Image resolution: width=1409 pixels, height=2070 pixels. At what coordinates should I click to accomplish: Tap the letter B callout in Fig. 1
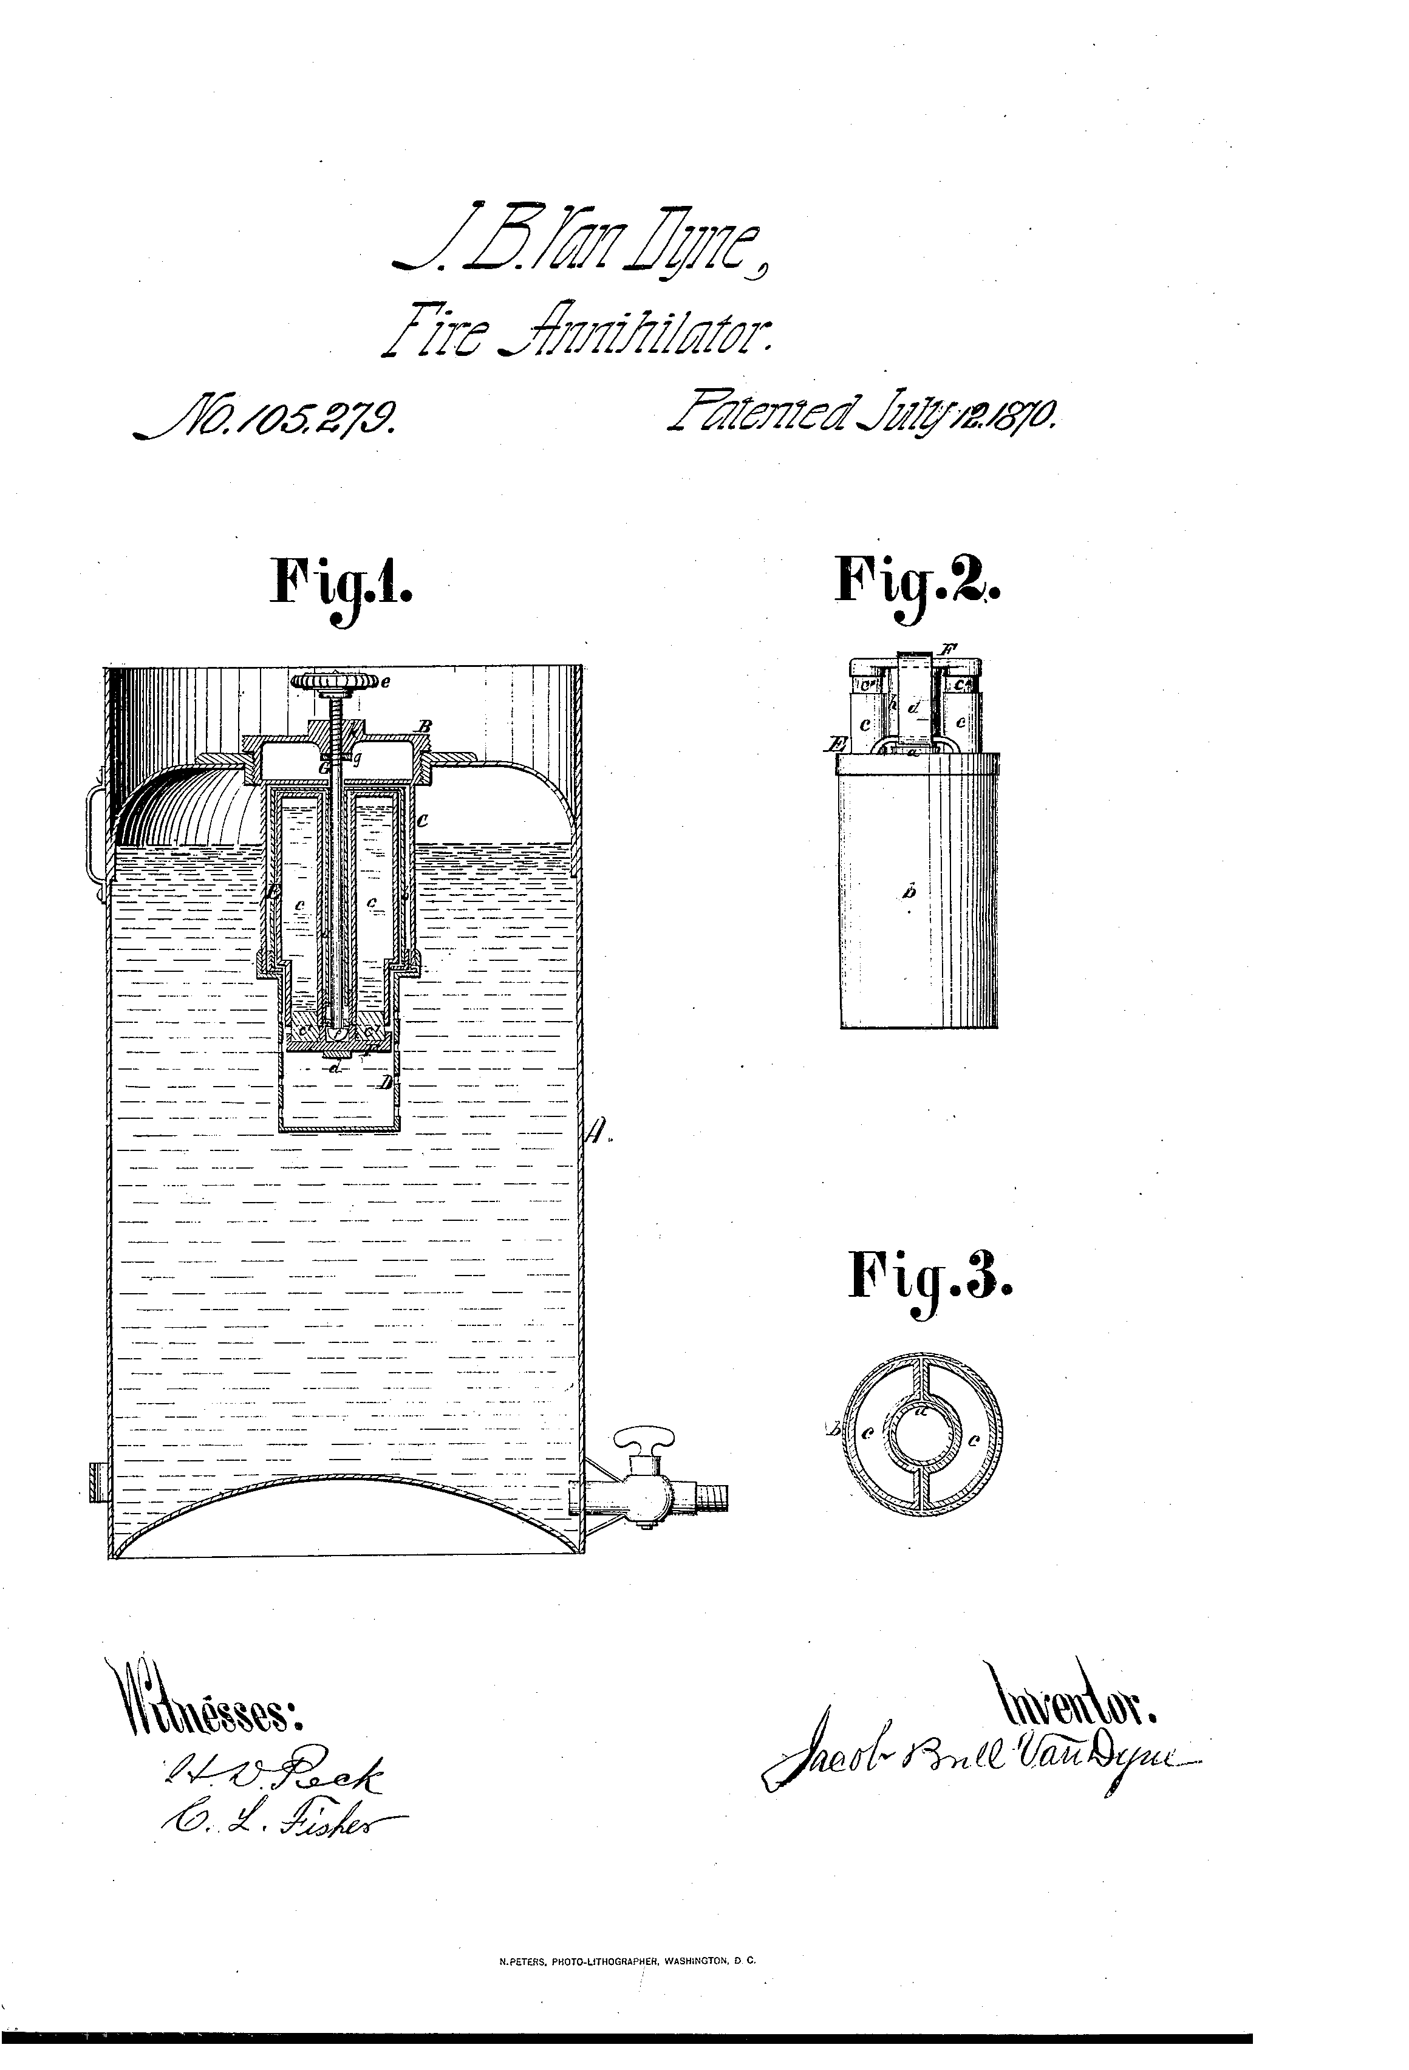pos(426,726)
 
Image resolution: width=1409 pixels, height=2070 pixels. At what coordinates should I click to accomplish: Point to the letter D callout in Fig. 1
pos(386,1082)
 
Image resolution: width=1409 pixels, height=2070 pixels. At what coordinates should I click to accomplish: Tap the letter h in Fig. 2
pos(893,703)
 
